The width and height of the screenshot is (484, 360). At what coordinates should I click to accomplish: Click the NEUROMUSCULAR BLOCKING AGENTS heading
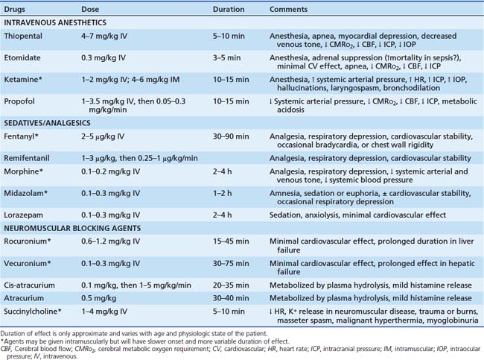[65, 228]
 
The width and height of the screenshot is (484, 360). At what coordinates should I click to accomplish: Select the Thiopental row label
[23, 35]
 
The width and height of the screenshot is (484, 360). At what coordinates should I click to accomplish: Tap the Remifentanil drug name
[27, 158]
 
